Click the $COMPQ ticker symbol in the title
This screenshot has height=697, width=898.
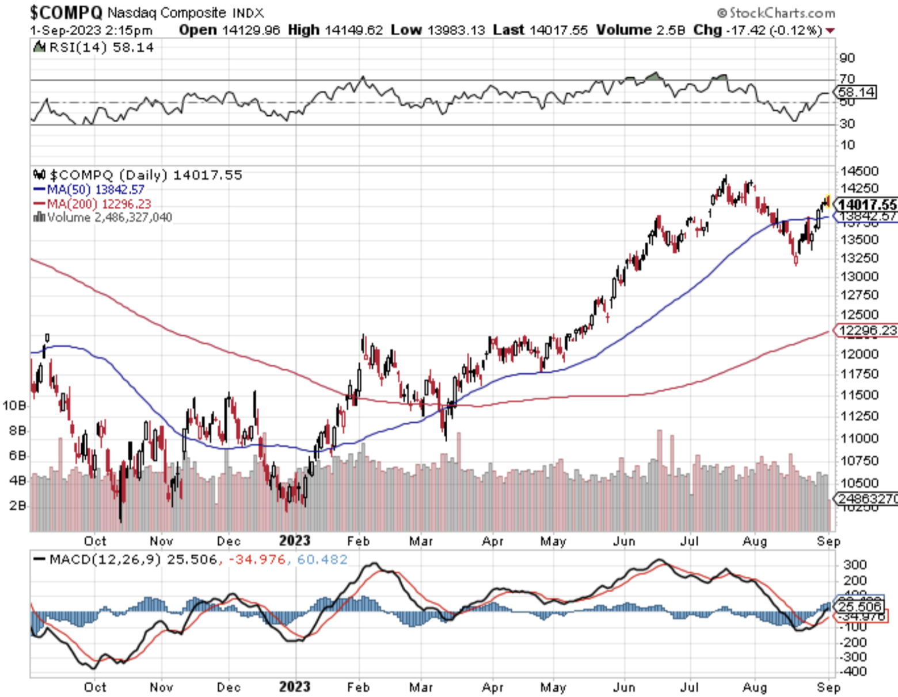(x=66, y=12)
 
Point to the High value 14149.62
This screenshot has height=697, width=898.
(x=353, y=30)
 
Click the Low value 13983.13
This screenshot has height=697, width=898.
(x=456, y=30)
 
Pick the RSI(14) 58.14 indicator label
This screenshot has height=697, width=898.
(x=101, y=47)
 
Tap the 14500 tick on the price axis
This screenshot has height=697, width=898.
(x=859, y=171)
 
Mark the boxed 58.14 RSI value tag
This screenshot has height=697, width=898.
(x=857, y=92)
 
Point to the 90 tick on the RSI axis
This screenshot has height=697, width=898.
(x=847, y=58)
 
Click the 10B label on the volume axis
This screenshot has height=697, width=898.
(x=14, y=406)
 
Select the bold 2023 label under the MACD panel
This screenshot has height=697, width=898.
(x=294, y=687)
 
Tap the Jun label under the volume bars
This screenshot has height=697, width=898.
(x=624, y=541)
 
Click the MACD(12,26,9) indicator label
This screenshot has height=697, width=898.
(x=104, y=559)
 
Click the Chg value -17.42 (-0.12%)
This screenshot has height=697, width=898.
(x=774, y=30)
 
